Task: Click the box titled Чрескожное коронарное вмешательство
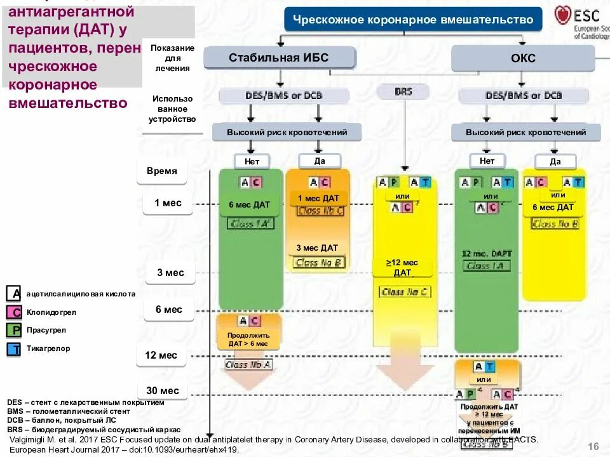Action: pyautogui.click(x=413, y=20)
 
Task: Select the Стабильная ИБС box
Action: pyautogui.click(x=279, y=58)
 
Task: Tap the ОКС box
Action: pyautogui.click(x=523, y=58)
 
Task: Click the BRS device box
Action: pyautogui.click(x=403, y=91)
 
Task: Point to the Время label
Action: pyautogui.click(x=162, y=171)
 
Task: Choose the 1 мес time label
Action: pyautogui.click(x=167, y=203)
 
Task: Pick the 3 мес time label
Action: pyautogui.click(x=170, y=273)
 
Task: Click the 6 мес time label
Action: pyautogui.click(x=168, y=310)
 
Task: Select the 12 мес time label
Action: pyautogui.click(x=161, y=355)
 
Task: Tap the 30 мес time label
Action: pyautogui.click(x=162, y=391)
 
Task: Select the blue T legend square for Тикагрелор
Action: pyautogui.click(x=14, y=349)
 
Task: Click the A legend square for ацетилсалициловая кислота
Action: pyautogui.click(x=14, y=294)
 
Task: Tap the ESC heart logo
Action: pyautogui.click(x=562, y=16)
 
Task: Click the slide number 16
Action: pyautogui.click(x=594, y=447)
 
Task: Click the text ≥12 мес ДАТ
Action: pyautogui.click(x=402, y=268)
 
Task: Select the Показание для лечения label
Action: pyautogui.click(x=173, y=58)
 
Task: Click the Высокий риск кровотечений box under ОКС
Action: pyautogui.click(x=525, y=132)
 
